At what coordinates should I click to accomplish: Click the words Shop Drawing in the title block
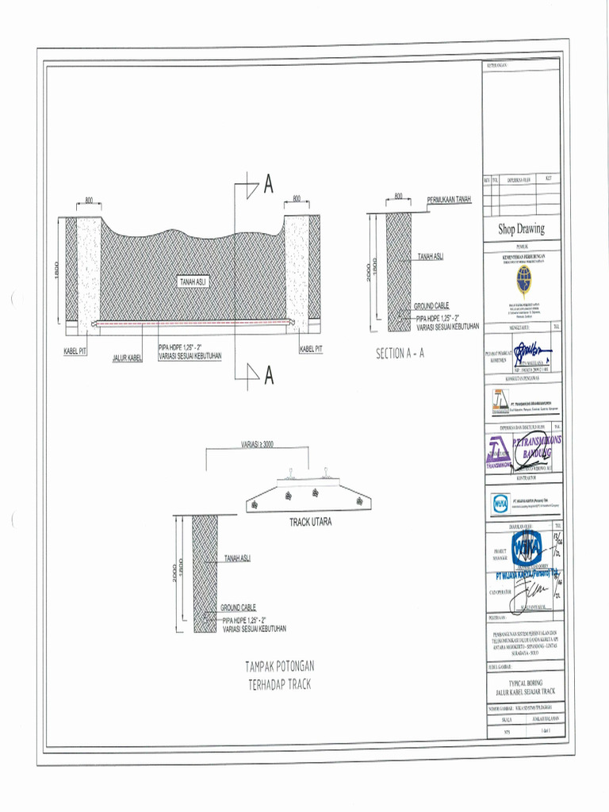click(521, 229)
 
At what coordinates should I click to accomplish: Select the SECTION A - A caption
click(400, 354)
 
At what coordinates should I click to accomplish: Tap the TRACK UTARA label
click(310, 523)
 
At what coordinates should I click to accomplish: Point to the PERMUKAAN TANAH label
click(449, 198)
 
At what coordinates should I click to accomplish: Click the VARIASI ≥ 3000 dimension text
click(256, 445)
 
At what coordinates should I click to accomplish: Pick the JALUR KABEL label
click(127, 359)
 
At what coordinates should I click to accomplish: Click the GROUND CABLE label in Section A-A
click(431, 306)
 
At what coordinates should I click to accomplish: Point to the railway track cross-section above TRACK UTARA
click(308, 494)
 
